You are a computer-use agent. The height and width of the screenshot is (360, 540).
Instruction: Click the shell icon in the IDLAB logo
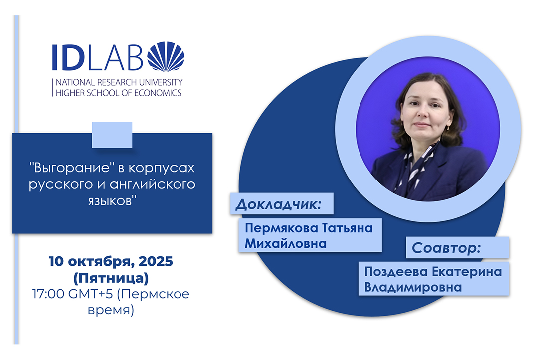click(x=166, y=56)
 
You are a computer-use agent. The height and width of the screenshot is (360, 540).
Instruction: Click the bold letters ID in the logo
click(x=68, y=57)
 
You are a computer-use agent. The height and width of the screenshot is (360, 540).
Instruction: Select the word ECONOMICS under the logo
click(x=158, y=93)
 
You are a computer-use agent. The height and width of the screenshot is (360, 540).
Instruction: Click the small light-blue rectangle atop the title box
click(x=112, y=135)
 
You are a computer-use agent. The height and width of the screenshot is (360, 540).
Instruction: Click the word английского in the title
click(x=153, y=184)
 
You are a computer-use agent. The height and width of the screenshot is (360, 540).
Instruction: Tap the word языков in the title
click(x=112, y=201)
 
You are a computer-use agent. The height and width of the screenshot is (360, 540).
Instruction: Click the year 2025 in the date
click(x=156, y=261)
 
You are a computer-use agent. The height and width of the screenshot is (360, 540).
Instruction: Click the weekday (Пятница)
click(x=111, y=278)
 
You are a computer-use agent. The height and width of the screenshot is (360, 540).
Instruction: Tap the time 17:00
click(x=48, y=294)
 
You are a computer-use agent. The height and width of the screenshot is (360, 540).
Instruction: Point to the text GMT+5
click(x=91, y=294)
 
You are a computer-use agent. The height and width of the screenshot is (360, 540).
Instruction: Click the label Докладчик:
click(x=278, y=204)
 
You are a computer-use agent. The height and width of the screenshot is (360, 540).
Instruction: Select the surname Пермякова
click(x=281, y=228)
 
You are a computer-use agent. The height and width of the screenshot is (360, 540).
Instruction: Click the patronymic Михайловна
click(x=286, y=243)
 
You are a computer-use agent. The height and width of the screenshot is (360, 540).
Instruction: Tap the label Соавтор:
click(x=446, y=248)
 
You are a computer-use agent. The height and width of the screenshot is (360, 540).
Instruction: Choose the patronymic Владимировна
click(x=413, y=287)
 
